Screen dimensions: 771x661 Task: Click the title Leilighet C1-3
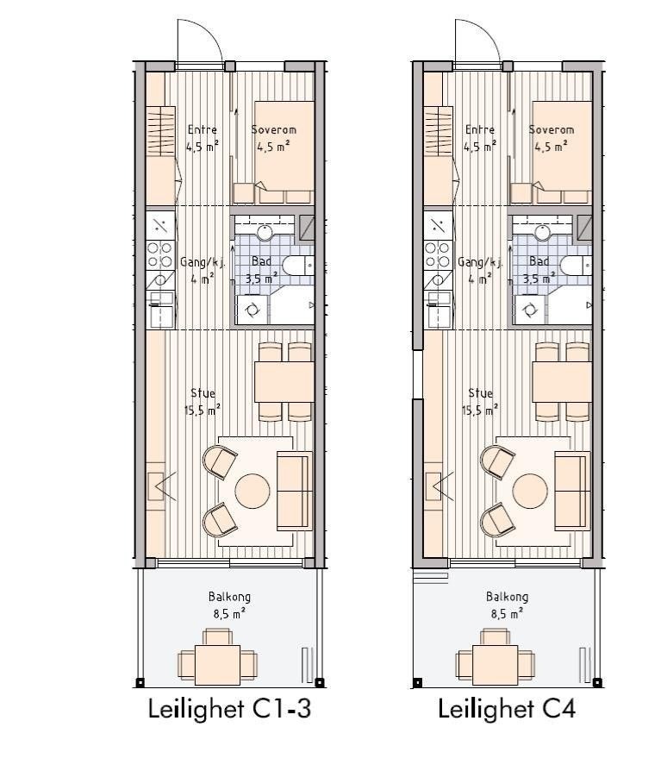228,709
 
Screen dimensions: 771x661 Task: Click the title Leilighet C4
507,709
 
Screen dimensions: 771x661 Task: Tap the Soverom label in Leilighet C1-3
273,129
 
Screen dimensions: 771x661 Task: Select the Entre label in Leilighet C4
480,129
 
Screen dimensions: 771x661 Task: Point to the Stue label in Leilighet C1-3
202,393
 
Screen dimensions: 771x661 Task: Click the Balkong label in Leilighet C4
507,597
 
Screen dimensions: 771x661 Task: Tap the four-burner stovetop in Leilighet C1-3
159,254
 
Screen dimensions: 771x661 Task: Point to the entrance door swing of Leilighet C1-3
199,41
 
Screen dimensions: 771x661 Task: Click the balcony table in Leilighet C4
490,663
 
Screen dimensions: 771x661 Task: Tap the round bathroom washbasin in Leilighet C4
543,232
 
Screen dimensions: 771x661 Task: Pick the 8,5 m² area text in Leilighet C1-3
228,614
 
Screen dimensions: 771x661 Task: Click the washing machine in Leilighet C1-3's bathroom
253,310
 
